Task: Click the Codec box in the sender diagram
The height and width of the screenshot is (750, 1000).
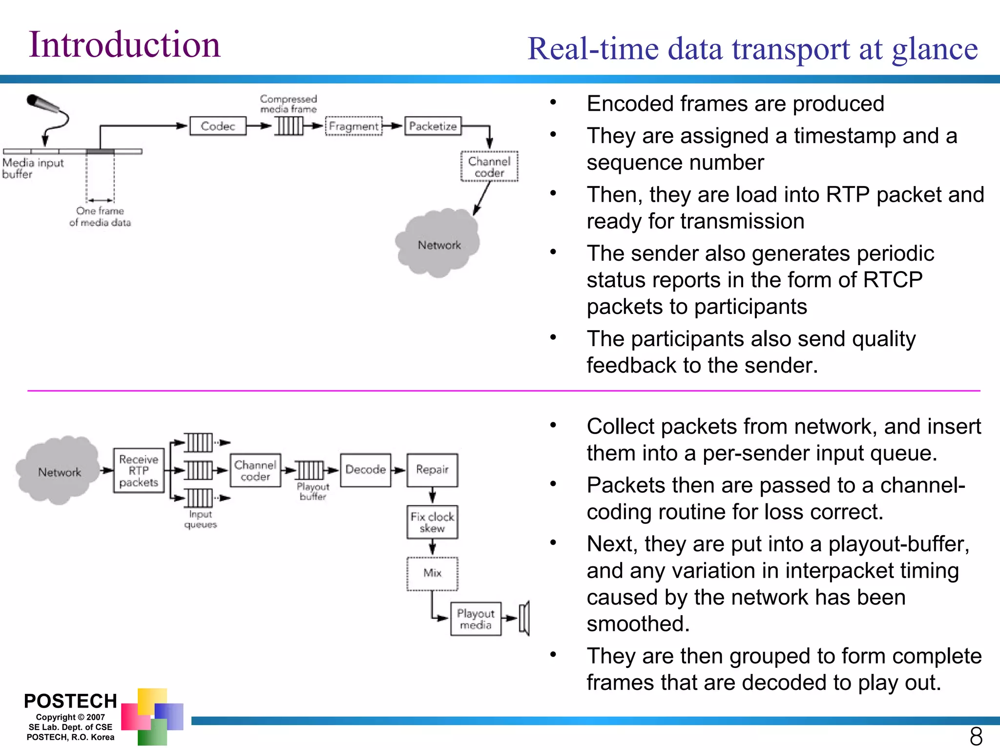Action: [218, 126]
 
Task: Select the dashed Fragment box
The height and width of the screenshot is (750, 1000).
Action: [354, 126]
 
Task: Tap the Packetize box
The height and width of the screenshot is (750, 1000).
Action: [433, 126]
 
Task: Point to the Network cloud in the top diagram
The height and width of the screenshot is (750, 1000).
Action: [438, 244]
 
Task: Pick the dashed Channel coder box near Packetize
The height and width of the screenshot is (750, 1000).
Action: [489, 167]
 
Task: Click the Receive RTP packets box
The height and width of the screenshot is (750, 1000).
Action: [139, 471]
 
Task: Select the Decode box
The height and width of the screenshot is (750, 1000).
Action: [365, 470]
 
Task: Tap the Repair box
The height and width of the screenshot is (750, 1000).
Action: [432, 470]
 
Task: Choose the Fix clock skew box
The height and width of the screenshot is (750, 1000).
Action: [432, 522]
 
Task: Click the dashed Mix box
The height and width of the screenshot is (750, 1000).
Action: [432, 573]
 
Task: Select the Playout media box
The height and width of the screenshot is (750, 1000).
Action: [476, 619]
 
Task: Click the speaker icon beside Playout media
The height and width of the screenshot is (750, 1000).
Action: [524, 618]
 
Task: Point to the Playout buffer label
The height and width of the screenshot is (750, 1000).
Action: [313, 492]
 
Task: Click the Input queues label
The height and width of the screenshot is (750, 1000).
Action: [200, 520]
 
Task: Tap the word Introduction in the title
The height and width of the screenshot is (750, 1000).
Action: [125, 45]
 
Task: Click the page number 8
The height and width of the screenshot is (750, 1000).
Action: [976, 736]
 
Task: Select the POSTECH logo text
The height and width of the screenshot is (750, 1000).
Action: [70, 701]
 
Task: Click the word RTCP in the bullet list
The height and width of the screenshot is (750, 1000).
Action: [893, 280]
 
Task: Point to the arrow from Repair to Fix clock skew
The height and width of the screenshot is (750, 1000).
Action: [432, 496]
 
